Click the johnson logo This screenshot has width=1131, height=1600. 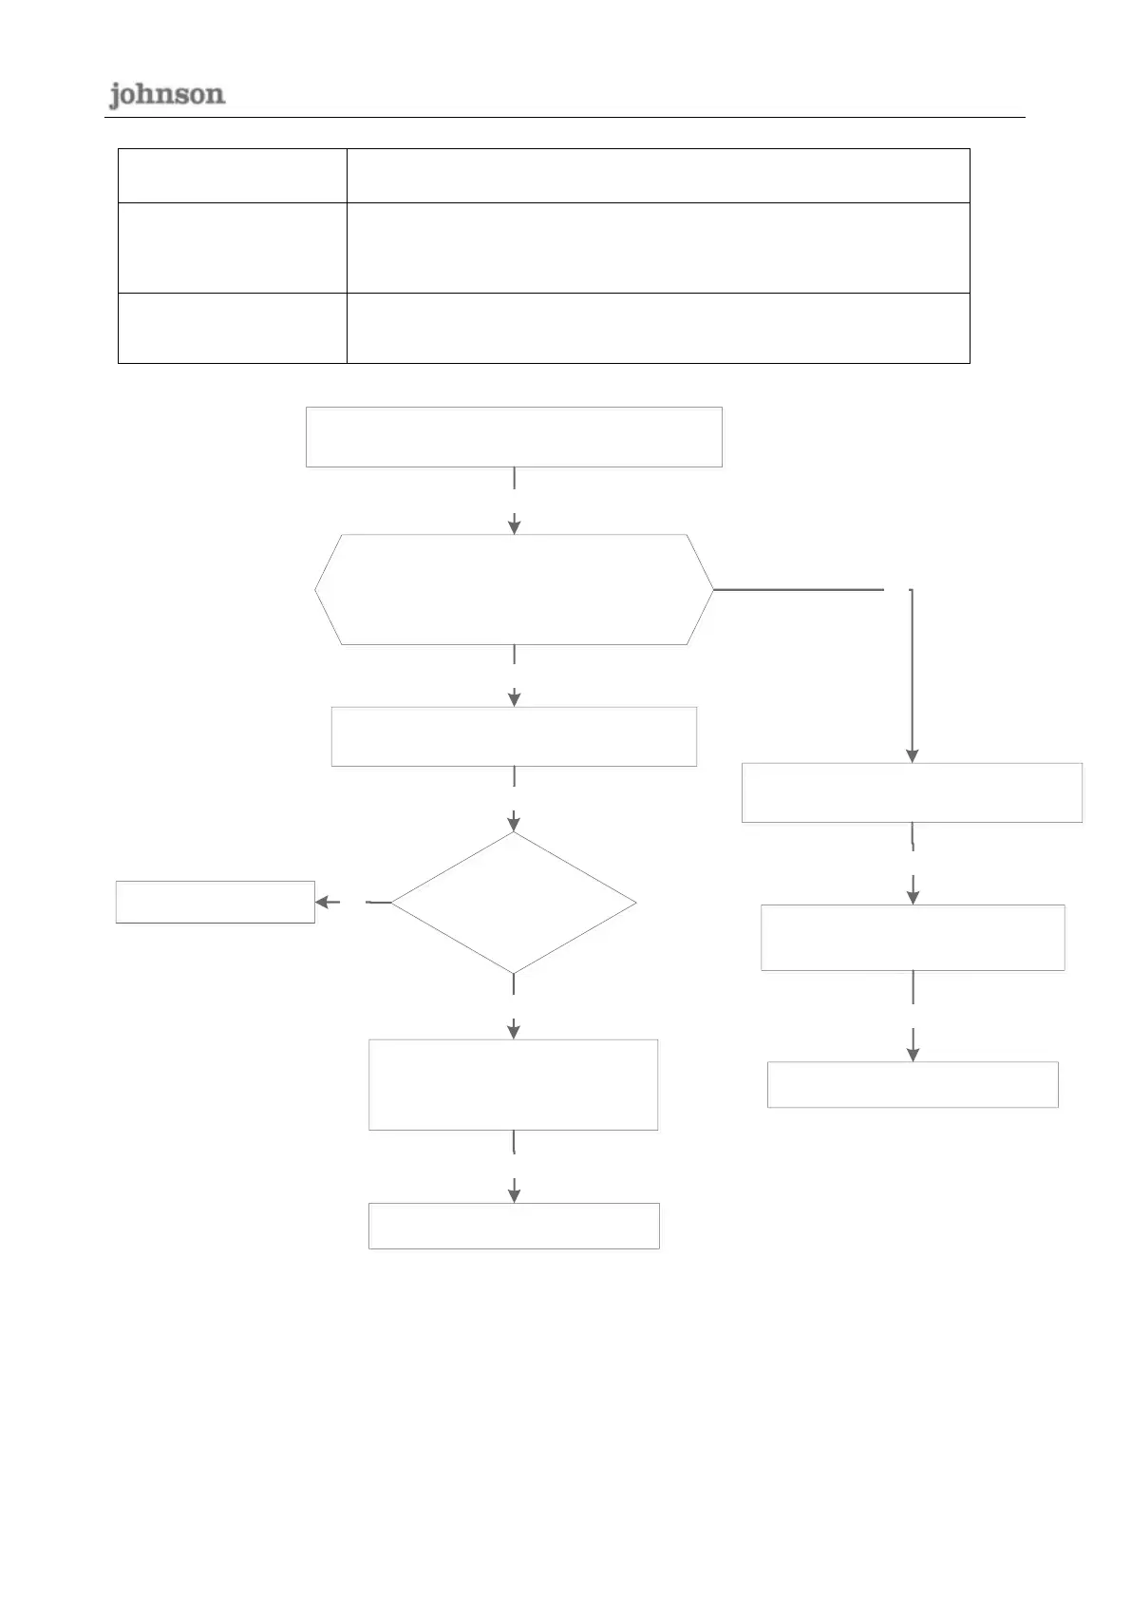(166, 95)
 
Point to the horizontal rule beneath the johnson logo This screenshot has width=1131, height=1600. (565, 117)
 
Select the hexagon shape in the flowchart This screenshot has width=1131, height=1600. (514, 589)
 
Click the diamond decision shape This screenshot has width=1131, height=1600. (514, 903)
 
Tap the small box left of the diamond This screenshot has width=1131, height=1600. (215, 903)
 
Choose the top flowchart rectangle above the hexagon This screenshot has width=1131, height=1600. (514, 437)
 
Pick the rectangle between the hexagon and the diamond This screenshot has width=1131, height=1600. (514, 736)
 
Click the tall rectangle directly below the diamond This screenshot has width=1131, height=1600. (514, 1084)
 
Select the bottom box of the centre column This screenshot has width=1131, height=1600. (514, 1226)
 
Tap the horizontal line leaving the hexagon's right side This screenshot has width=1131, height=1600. (799, 590)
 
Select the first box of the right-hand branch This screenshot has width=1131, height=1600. (912, 792)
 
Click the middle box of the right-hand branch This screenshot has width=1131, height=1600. (913, 938)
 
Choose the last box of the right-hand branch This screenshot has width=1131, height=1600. (913, 1084)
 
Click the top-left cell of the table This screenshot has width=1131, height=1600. (232, 176)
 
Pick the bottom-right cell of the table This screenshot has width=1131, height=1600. (658, 328)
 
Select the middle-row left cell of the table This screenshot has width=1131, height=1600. (232, 248)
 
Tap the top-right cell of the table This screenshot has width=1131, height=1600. (658, 176)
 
